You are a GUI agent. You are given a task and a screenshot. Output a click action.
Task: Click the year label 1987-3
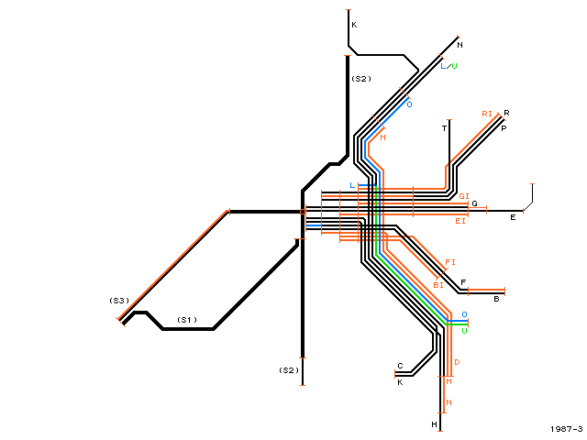pos(567,429)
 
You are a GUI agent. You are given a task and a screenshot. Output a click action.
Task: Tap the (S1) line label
pos(187,320)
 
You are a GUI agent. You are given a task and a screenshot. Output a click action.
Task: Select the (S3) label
pos(119,301)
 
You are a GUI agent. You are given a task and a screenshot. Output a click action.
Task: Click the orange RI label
pos(487,114)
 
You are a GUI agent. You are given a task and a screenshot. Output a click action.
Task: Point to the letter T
pos(444,128)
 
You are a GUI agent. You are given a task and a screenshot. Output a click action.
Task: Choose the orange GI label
pos(464,196)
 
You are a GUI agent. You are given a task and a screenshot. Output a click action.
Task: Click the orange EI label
pos(460,221)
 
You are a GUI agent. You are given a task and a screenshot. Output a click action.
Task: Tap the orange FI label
pos(450,262)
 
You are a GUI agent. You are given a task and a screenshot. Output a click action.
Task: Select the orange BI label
pos(438,285)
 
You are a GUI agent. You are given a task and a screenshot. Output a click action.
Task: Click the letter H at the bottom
pos(434,424)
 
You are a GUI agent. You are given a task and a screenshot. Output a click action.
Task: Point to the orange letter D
pos(457,362)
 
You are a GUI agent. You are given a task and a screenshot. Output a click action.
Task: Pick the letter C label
pos(400,366)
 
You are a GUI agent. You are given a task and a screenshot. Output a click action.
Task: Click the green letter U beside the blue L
pos(454,66)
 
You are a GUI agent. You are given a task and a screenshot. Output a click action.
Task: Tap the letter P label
pos(504,128)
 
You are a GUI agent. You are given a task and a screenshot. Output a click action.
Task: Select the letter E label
pos(513,217)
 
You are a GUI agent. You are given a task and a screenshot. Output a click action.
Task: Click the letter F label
pos(463,282)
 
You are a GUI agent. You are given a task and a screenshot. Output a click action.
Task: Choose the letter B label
pos(496,299)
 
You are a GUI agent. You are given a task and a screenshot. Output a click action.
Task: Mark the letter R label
pos(506,113)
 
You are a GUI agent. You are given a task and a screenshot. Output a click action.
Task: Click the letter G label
pos(474,203)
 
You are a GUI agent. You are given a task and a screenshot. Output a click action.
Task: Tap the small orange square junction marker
pos(303,212)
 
